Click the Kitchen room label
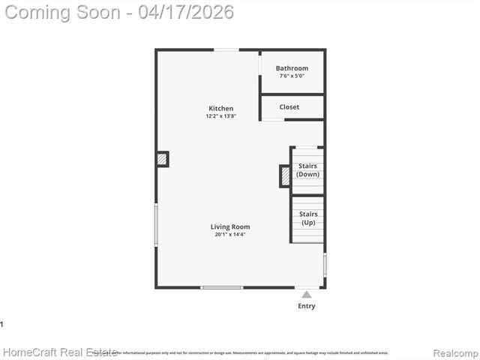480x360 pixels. click(x=220, y=109)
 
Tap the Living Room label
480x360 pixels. click(x=230, y=226)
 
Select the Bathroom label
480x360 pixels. click(x=292, y=68)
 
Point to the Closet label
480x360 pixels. click(x=289, y=107)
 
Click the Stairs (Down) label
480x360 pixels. click(x=307, y=170)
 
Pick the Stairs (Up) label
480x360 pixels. click(x=308, y=218)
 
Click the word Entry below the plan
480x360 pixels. click(x=307, y=306)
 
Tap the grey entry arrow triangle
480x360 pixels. click(x=306, y=295)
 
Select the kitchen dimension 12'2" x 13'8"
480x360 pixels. click(x=220, y=116)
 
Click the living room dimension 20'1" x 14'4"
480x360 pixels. click(x=230, y=235)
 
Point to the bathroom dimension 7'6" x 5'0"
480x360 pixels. click(x=292, y=76)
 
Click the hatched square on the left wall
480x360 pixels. click(x=162, y=159)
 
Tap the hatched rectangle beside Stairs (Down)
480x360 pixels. click(x=285, y=176)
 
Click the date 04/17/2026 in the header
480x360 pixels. click(x=186, y=12)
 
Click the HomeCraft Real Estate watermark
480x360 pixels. click(x=60, y=352)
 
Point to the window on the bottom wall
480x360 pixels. click(x=222, y=287)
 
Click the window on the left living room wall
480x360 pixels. click(x=157, y=224)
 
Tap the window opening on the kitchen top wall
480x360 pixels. click(x=226, y=50)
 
